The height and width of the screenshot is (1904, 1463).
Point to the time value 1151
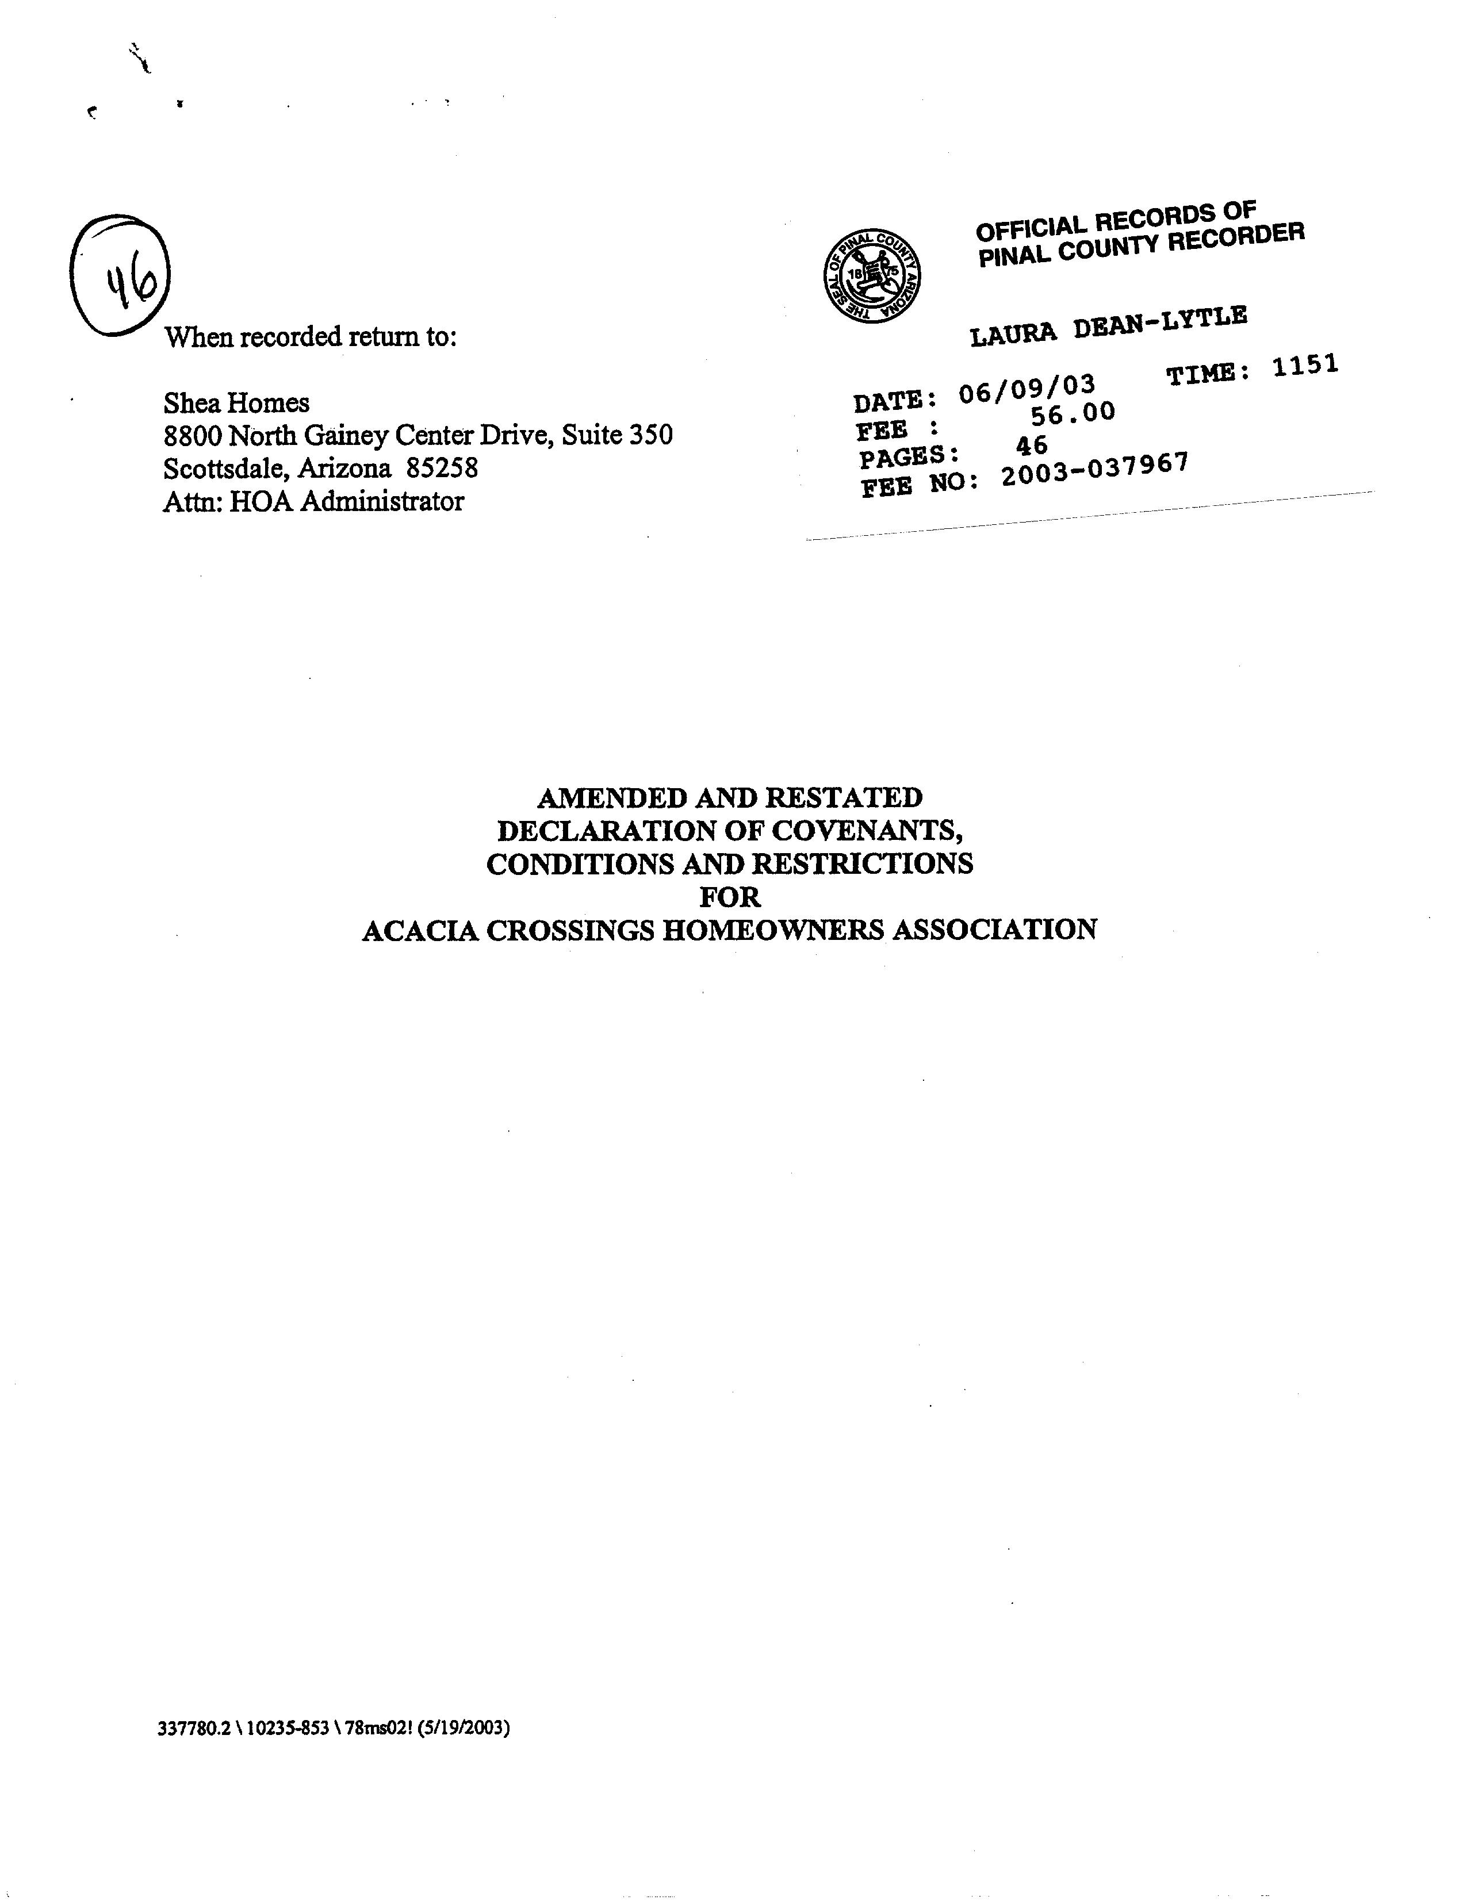pos(1304,366)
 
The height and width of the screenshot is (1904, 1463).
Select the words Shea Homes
pos(236,403)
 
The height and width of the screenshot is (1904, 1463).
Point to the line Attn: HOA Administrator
pos(313,501)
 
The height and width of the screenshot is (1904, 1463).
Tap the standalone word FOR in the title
pos(730,897)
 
